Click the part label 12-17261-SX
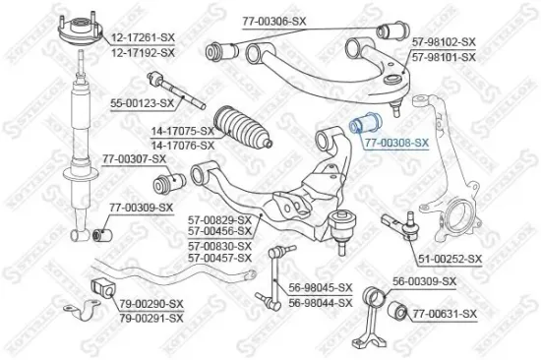click(143, 37)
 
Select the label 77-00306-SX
click(278, 19)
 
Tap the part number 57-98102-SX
click(444, 43)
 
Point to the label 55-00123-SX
click(141, 101)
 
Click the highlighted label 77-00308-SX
click(396, 143)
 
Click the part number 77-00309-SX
click(141, 207)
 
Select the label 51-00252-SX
click(449, 259)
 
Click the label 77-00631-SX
click(444, 314)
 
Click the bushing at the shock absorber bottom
click(97, 234)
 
